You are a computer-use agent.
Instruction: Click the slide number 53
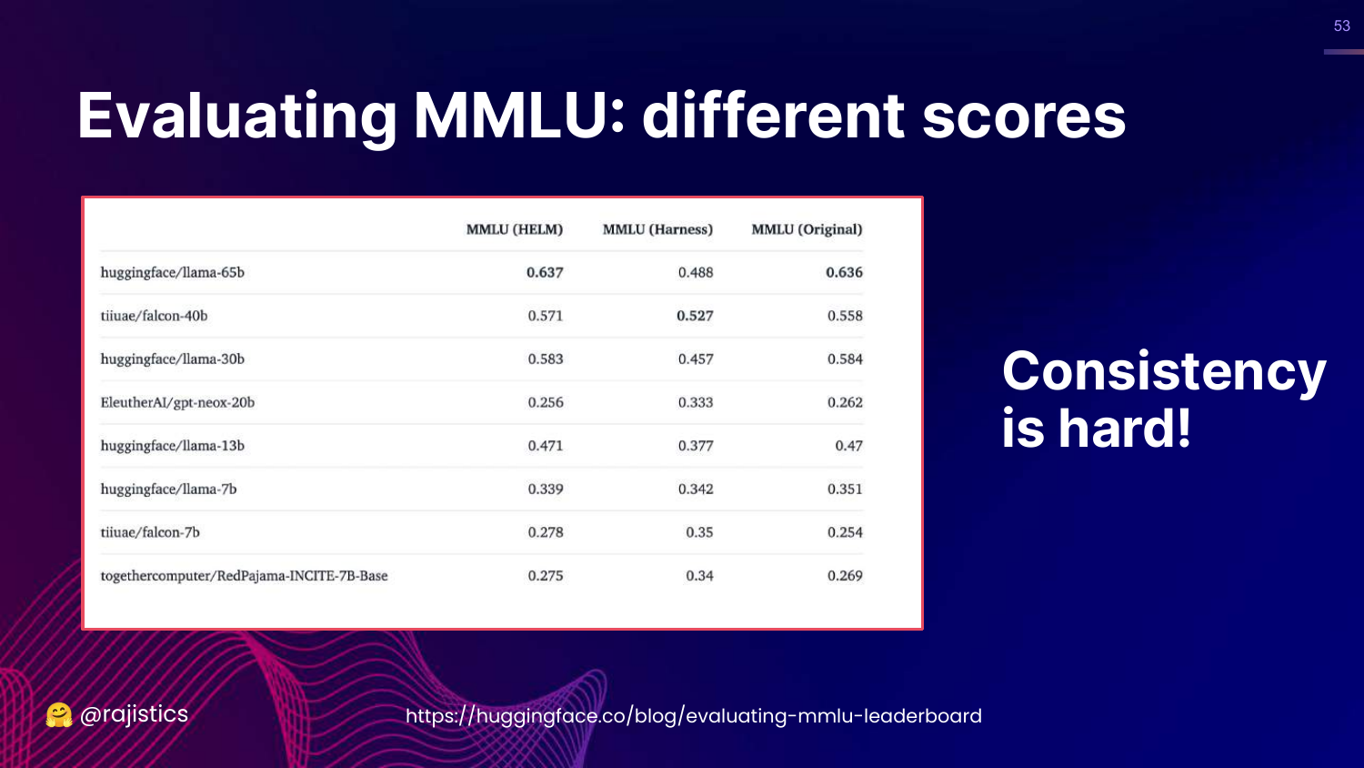1342,25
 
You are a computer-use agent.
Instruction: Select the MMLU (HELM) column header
515,229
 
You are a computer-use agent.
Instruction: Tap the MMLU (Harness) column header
657,229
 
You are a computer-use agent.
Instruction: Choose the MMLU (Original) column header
807,229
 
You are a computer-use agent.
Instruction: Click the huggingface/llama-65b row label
173,272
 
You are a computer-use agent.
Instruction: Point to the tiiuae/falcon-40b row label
154,316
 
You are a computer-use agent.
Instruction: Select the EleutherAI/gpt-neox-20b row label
177,402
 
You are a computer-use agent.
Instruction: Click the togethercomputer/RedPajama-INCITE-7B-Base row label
244,575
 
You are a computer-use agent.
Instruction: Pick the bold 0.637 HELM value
545,272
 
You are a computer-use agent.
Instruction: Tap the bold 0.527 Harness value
695,316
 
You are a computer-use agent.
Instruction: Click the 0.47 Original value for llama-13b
848,446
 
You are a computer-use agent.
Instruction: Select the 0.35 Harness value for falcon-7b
699,532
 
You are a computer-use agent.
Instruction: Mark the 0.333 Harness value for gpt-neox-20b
696,402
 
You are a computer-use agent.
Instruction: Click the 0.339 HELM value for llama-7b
546,489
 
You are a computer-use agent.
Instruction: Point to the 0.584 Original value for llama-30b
845,359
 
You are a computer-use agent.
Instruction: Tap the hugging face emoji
58,715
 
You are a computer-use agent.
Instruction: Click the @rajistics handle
134,714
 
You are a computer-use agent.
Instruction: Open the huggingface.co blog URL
694,715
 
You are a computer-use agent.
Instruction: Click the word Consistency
1164,372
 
